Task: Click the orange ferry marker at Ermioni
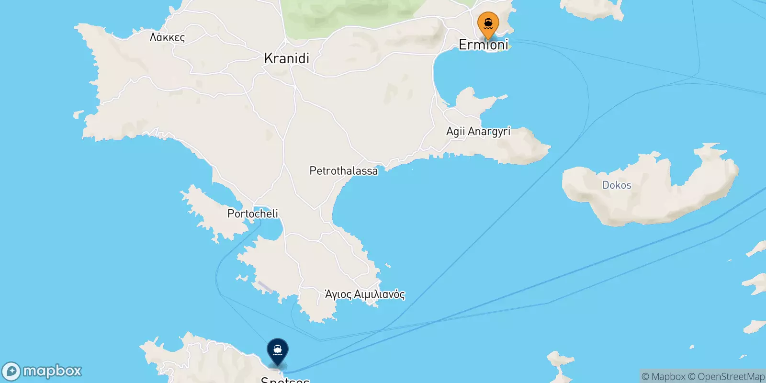point(488,23)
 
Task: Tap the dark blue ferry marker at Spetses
point(277,350)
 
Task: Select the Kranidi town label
point(286,58)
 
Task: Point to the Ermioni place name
point(483,45)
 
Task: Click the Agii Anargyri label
point(478,131)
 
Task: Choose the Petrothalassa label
point(343,171)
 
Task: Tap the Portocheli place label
point(252,214)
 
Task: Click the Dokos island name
point(617,185)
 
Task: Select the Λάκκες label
point(167,37)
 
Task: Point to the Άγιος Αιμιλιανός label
point(365,294)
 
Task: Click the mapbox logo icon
point(11,372)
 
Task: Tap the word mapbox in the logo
point(52,371)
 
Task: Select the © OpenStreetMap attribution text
point(726,377)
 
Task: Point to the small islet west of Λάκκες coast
point(78,115)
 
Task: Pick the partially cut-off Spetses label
point(285,380)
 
